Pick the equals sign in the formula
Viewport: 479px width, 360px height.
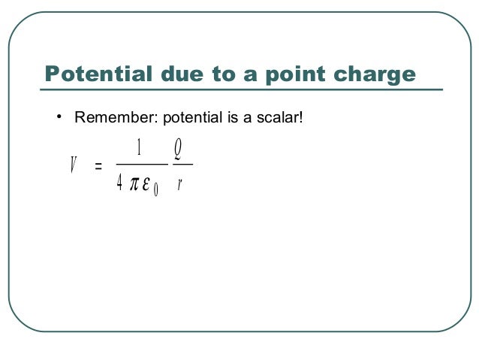pos(98,165)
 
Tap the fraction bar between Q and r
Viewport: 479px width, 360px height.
pos(182,164)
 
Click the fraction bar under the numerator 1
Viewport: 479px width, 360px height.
pos(140,164)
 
